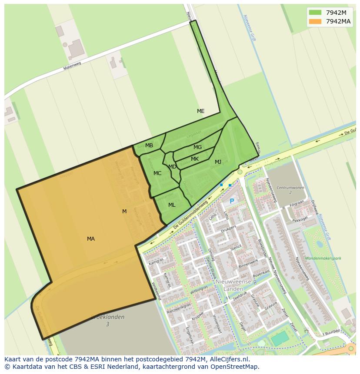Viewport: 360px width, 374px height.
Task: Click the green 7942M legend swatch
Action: coord(315,13)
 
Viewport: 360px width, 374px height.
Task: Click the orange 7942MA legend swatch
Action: coord(315,21)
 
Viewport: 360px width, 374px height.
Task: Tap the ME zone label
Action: coord(200,111)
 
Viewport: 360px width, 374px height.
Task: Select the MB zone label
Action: coord(149,146)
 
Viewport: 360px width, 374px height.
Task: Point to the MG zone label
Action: coord(197,147)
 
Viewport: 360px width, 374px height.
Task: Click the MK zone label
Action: coord(195,159)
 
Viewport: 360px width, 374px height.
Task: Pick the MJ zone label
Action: coord(218,162)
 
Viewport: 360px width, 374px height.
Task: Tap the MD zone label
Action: coord(172,167)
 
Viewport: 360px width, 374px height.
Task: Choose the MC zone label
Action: coord(157,173)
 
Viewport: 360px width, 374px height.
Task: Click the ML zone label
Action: coord(172,205)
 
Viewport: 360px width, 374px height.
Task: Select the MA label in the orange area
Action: coord(90,239)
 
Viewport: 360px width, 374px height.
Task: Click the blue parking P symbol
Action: coord(232,202)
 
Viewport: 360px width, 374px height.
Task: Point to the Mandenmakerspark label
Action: coord(323,258)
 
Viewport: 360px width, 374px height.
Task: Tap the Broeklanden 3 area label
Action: coord(107,321)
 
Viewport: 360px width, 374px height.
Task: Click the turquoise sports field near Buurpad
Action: coord(280,338)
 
